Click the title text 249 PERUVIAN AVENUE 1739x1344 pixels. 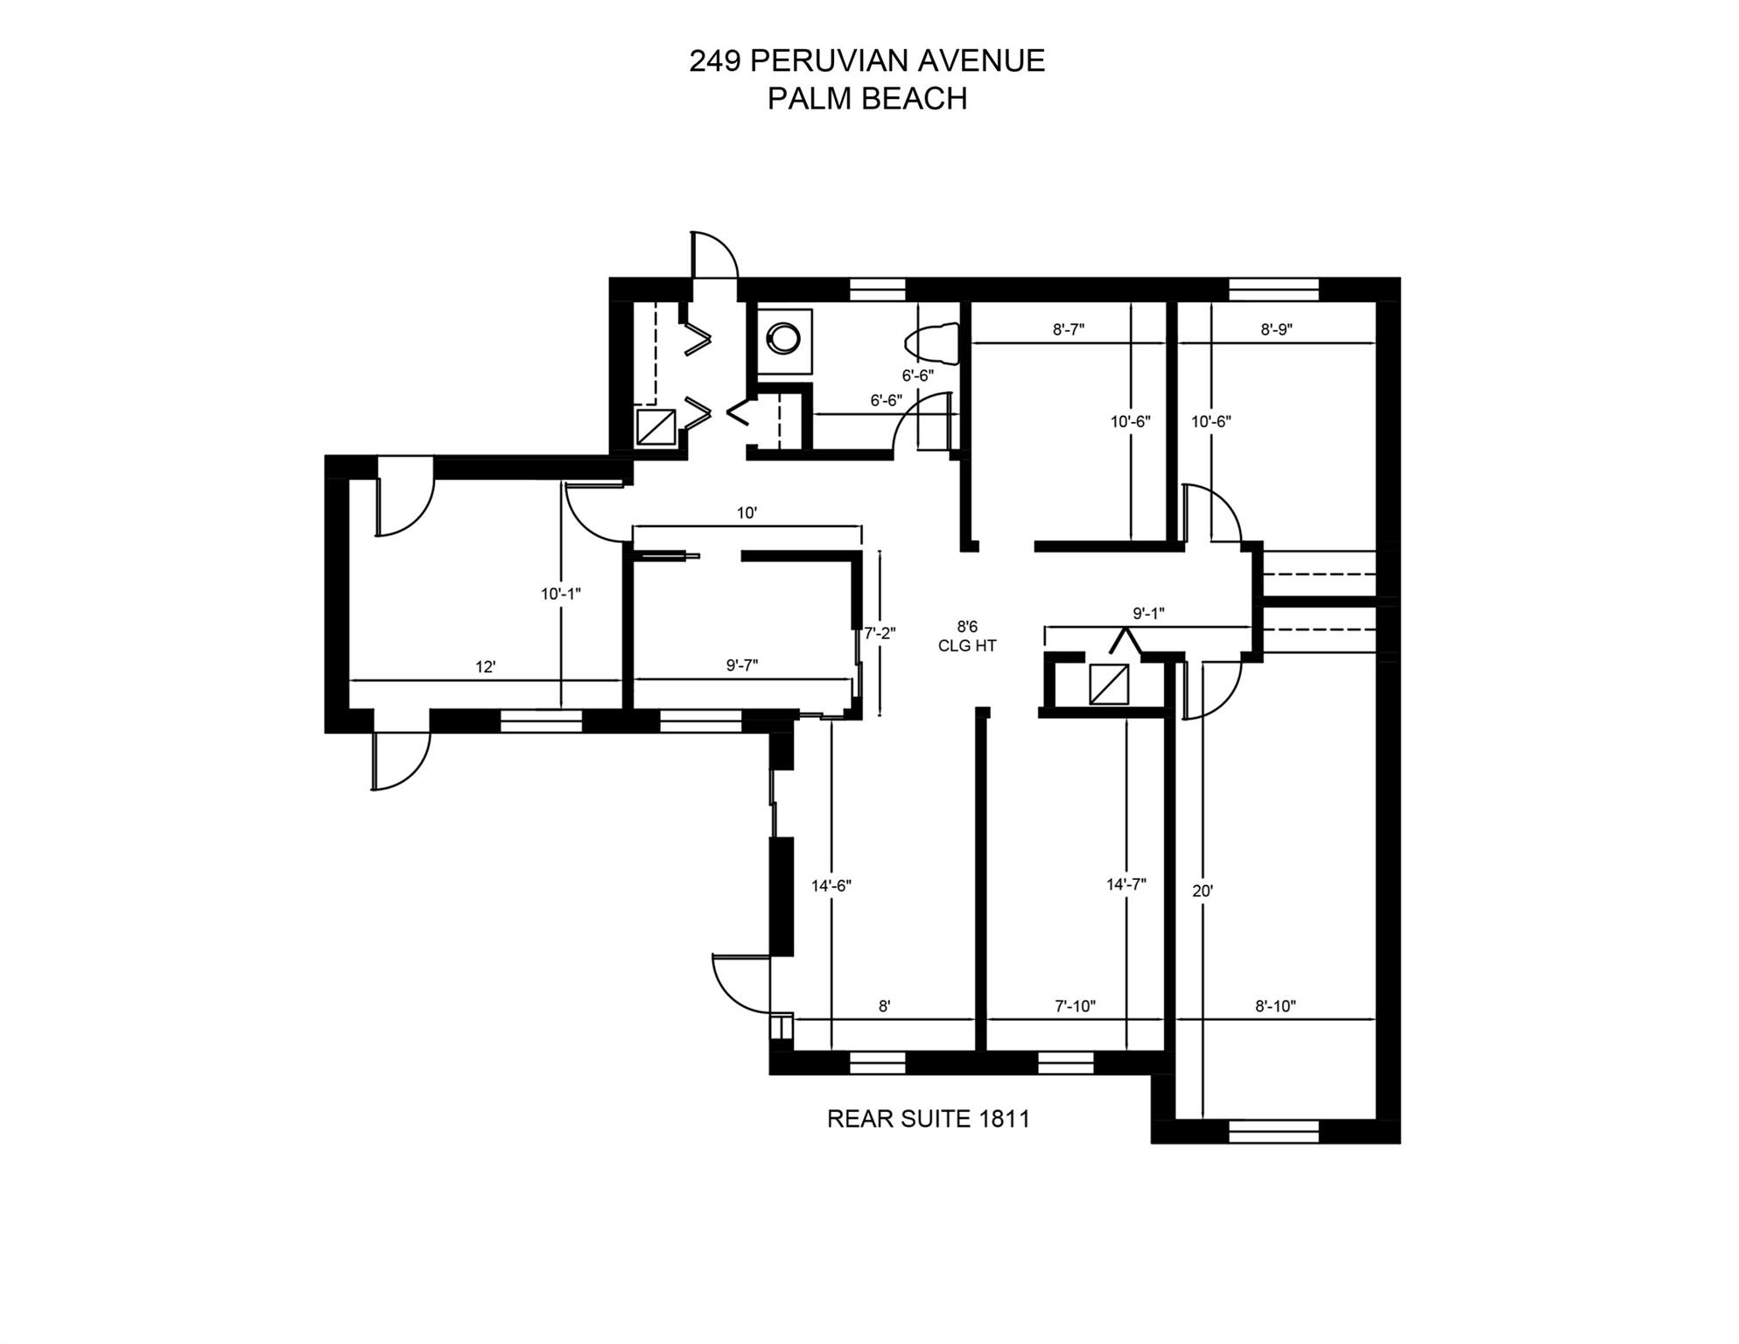[x=866, y=60]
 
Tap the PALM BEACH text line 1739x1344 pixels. [x=866, y=98]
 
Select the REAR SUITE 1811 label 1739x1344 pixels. [x=928, y=1119]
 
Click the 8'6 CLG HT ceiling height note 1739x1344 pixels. [x=966, y=637]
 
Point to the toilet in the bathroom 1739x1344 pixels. [x=933, y=342]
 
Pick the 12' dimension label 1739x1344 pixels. [x=486, y=667]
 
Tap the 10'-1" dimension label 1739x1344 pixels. [x=561, y=594]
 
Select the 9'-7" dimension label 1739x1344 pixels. [x=742, y=665]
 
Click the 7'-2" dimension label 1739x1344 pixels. [x=880, y=632]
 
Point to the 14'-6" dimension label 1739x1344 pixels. [x=831, y=886]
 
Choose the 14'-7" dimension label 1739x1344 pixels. [x=1126, y=884]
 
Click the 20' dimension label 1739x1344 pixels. [x=1203, y=891]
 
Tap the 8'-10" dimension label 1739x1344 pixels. [x=1275, y=1006]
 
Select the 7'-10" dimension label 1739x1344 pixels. [x=1075, y=1006]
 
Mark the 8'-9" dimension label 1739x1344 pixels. [x=1277, y=329]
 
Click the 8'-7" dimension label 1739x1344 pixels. [x=1069, y=329]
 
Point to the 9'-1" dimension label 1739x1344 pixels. [x=1148, y=614]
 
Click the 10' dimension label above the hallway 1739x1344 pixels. [x=747, y=513]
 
